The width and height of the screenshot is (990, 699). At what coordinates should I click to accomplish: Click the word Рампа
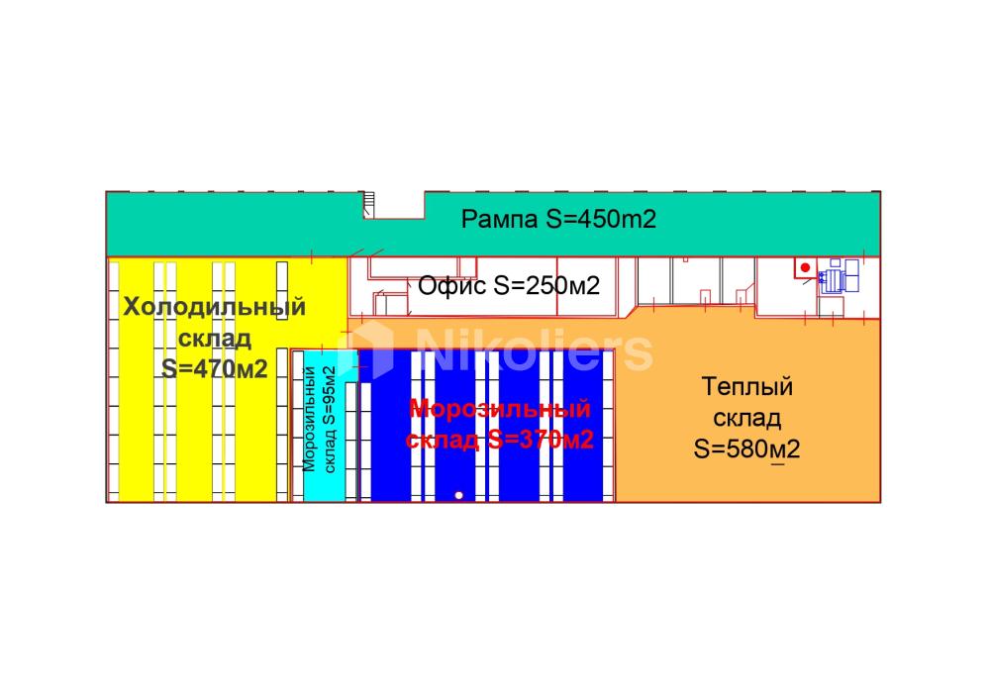click(499, 220)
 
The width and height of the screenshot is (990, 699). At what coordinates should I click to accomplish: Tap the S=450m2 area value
click(601, 219)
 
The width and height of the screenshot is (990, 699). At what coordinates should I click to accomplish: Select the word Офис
click(452, 285)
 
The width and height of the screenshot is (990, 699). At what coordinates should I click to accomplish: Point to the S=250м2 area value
click(546, 285)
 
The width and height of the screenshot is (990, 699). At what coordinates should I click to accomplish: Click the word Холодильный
click(215, 307)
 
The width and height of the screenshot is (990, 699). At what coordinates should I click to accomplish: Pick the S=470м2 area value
click(215, 368)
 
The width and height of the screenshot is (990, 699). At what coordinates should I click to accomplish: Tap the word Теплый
click(746, 386)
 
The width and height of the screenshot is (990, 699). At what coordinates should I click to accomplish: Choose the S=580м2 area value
click(746, 449)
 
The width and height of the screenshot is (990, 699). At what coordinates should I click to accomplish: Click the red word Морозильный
click(500, 409)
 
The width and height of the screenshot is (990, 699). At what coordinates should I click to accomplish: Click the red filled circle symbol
click(805, 267)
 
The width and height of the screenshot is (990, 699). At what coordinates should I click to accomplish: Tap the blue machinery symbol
click(839, 276)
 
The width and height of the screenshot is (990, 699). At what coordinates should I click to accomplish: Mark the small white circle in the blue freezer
click(459, 495)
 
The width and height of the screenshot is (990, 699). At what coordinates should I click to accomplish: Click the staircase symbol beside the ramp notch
click(368, 205)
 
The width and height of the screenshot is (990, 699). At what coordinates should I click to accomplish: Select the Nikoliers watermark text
click(535, 351)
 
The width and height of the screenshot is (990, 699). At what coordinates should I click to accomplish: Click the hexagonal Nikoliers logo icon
click(366, 349)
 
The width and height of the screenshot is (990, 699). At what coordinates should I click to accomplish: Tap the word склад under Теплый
click(746, 418)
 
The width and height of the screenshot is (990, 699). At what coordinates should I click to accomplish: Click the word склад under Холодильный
click(215, 339)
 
